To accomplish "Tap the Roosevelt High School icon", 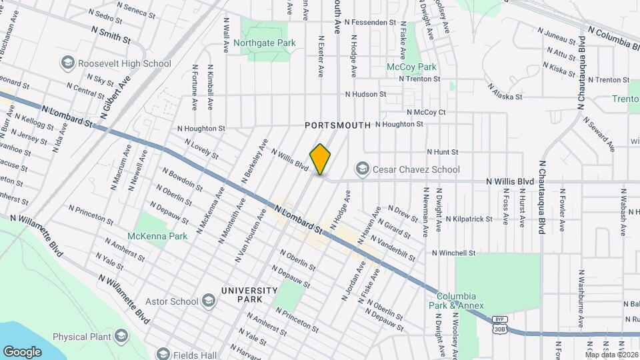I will [x=67, y=63].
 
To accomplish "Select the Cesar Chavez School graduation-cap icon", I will [x=363, y=169].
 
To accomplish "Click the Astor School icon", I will [x=209, y=301].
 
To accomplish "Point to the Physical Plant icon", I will [x=121, y=336].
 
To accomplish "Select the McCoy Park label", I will [x=412, y=67].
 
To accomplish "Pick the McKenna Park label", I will [x=157, y=236].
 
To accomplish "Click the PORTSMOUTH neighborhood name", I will [x=337, y=125].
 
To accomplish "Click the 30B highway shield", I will [x=498, y=329].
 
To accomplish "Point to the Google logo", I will [x=22, y=351].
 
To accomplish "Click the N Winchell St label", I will [x=453, y=253].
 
